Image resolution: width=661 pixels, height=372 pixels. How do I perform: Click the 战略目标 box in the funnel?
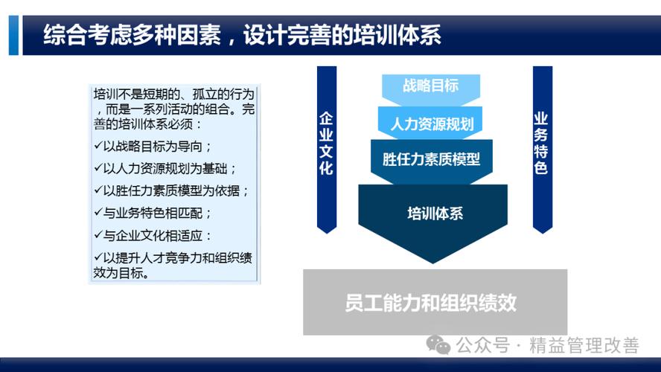[430, 86]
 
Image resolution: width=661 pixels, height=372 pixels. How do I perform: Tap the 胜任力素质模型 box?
[431, 159]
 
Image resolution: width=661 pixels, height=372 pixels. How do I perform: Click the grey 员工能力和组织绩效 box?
[435, 303]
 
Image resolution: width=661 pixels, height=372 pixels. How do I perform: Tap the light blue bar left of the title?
[13, 35]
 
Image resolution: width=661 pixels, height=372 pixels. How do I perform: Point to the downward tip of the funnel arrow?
[432, 261]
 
